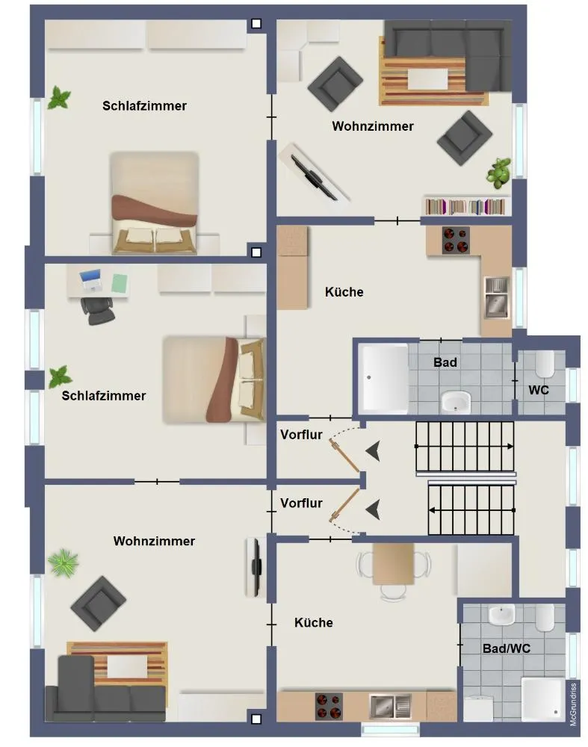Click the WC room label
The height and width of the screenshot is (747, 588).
pos(539,390)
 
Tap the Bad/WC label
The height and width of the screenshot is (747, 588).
pos(506,648)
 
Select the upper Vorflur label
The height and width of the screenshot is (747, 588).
pos(301,435)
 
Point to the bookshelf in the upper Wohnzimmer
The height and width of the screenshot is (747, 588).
pos(465,206)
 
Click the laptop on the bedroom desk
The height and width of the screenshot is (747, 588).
pos(90,279)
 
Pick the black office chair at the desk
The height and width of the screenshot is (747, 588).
pos(98,311)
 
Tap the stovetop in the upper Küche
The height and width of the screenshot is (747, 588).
pos(456,240)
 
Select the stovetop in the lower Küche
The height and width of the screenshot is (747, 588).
pos(329,706)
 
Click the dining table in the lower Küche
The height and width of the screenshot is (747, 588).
pos(393,563)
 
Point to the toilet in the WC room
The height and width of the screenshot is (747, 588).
pos(545,364)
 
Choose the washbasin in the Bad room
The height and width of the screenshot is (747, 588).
pos(456,402)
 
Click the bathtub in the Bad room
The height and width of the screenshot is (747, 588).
pos(385,378)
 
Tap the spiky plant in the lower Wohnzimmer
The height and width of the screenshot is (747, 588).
pos(64,562)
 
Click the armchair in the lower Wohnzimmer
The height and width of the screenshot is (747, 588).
pos(98,604)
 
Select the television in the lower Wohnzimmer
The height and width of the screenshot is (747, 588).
pos(256,567)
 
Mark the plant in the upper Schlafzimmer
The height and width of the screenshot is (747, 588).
pos(59,98)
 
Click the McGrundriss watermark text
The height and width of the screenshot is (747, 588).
pos(573,704)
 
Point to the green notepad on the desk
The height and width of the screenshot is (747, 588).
pos(120,283)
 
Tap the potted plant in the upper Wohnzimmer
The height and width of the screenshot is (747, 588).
pos(499,172)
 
